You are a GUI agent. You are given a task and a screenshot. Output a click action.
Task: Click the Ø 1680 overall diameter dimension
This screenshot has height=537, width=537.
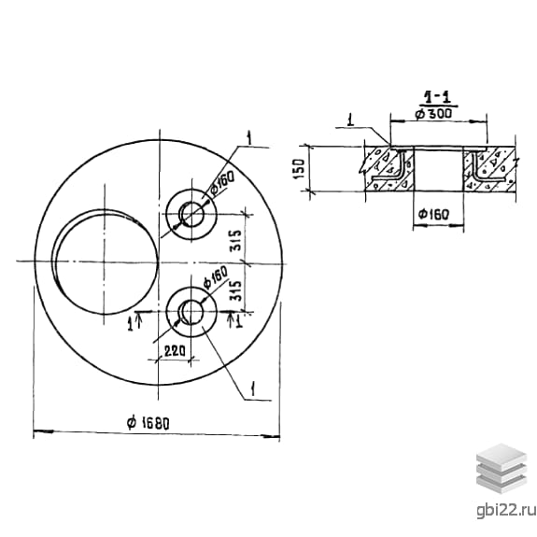[148, 423]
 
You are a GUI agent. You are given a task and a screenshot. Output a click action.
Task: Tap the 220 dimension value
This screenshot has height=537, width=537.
[175, 351]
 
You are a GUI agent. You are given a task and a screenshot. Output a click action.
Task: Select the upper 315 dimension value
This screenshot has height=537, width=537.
[235, 240]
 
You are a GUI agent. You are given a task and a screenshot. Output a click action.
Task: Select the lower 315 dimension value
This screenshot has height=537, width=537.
[235, 291]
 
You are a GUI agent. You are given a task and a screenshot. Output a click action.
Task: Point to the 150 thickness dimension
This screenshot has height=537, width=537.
[299, 168]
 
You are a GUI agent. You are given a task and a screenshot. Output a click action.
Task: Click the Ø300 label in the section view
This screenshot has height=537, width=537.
[433, 113]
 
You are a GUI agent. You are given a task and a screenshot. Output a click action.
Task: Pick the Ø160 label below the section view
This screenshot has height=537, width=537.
[433, 215]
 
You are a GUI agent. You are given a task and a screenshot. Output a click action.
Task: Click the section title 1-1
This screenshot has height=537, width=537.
[437, 98]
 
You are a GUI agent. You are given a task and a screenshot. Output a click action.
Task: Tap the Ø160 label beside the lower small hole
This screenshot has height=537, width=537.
[215, 276]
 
